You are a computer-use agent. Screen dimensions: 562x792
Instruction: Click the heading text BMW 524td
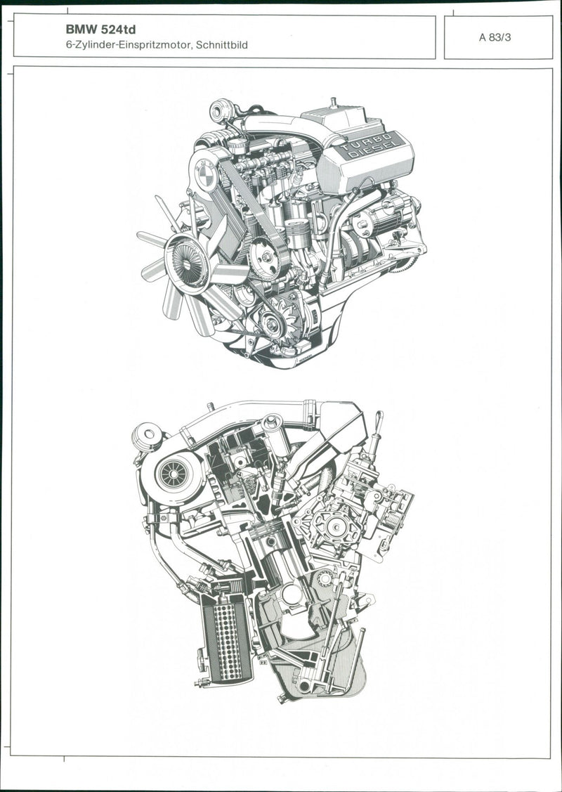(100, 30)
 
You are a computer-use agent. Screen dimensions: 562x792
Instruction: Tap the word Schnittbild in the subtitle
(222, 45)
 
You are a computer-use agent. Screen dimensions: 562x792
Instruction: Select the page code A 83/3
(495, 37)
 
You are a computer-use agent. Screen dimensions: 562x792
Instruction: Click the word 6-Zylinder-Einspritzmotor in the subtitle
(129, 45)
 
